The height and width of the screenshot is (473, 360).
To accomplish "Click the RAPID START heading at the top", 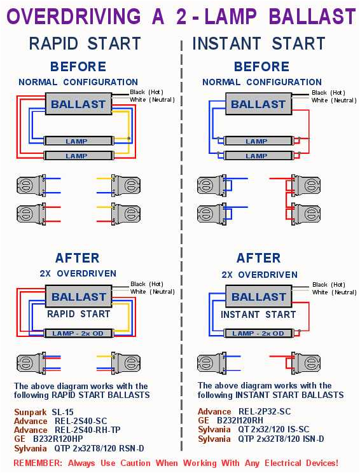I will click(x=85, y=43).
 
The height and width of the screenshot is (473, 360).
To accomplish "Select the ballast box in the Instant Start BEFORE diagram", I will click(x=258, y=104).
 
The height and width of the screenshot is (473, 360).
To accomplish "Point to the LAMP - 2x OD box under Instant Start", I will click(x=258, y=333).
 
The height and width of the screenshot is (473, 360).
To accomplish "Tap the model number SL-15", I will click(x=63, y=412).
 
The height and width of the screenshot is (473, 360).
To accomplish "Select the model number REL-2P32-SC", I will click(x=263, y=411).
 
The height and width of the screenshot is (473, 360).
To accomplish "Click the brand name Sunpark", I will click(x=30, y=412).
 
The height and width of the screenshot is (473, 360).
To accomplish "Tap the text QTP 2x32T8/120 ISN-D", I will click(x=280, y=439).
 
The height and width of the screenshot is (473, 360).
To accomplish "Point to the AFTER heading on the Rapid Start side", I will click(x=77, y=258).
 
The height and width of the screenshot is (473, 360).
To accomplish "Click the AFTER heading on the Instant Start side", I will click(x=259, y=258).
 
